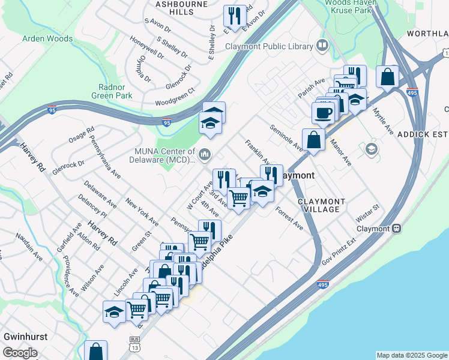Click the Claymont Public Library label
(269, 46)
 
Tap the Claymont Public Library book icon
(322, 46)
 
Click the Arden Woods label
(47, 38)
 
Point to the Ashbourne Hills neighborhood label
(173, 7)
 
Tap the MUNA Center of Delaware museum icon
(205, 155)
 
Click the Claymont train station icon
(396, 229)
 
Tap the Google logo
(20, 353)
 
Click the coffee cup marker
(323, 112)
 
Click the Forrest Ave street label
(290, 218)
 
